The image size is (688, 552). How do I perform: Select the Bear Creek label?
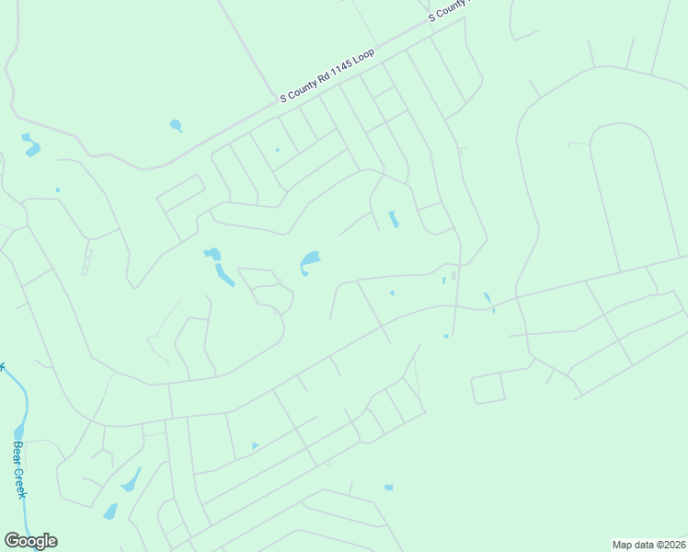click(x=19, y=469)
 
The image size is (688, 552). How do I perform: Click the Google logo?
click(x=30, y=541)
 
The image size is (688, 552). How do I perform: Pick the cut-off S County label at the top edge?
click(x=449, y=9)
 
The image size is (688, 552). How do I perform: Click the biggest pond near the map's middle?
click(x=309, y=262)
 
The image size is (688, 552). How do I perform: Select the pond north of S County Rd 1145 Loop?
click(x=176, y=125)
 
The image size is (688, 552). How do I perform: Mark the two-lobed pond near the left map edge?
click(x=30, y=144)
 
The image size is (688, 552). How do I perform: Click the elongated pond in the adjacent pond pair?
click(x=224, y=274)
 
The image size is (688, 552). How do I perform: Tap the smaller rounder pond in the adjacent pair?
click(x=212, y=253)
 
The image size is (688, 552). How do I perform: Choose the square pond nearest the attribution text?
click(x=388, y=487)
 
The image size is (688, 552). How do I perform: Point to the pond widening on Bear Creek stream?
click(x=18, y=431)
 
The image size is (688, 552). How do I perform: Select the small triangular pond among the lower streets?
click(x=255, y=446)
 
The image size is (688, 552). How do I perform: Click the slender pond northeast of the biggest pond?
click(x=393, y=219)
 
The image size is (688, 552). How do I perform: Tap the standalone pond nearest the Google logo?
click(x=110, y=511)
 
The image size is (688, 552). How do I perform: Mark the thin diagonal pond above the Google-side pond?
click(x=131, y=479)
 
